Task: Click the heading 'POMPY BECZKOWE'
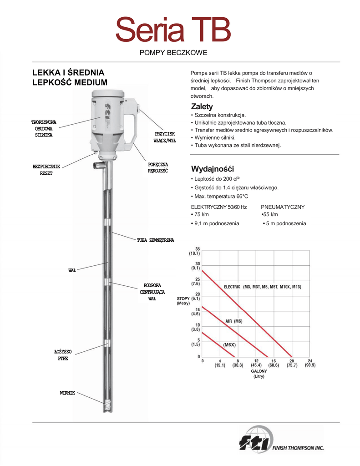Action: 173,53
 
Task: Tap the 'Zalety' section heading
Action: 202,106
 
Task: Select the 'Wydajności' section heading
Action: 212,169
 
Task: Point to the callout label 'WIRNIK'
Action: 67,393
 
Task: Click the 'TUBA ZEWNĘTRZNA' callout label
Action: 156,240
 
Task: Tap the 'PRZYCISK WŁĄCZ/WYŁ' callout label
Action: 165,137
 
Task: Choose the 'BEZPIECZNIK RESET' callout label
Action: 46,170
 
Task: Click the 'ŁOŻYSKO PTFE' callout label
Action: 63,355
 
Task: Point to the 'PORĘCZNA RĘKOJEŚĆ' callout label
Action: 158,167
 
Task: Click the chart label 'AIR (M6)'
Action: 234,321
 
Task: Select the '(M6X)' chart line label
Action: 229,345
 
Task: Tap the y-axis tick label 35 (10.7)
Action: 195,251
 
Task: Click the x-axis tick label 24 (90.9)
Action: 309,363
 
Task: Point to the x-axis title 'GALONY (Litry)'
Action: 259,374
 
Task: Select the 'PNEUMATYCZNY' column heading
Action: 283,207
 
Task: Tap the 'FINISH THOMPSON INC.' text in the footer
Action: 298,448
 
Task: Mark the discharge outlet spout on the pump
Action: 97,165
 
